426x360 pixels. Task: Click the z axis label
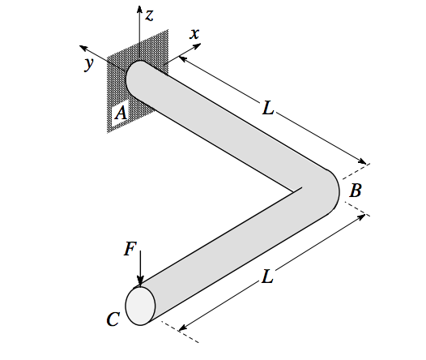149,14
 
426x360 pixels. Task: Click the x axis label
194,34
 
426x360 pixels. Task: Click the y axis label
88,65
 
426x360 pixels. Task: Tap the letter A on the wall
121,114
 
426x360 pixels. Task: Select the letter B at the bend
356,191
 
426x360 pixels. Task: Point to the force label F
130,249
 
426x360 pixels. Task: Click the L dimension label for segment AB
268,105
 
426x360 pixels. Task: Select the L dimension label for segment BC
267,276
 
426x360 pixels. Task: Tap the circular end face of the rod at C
140,306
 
